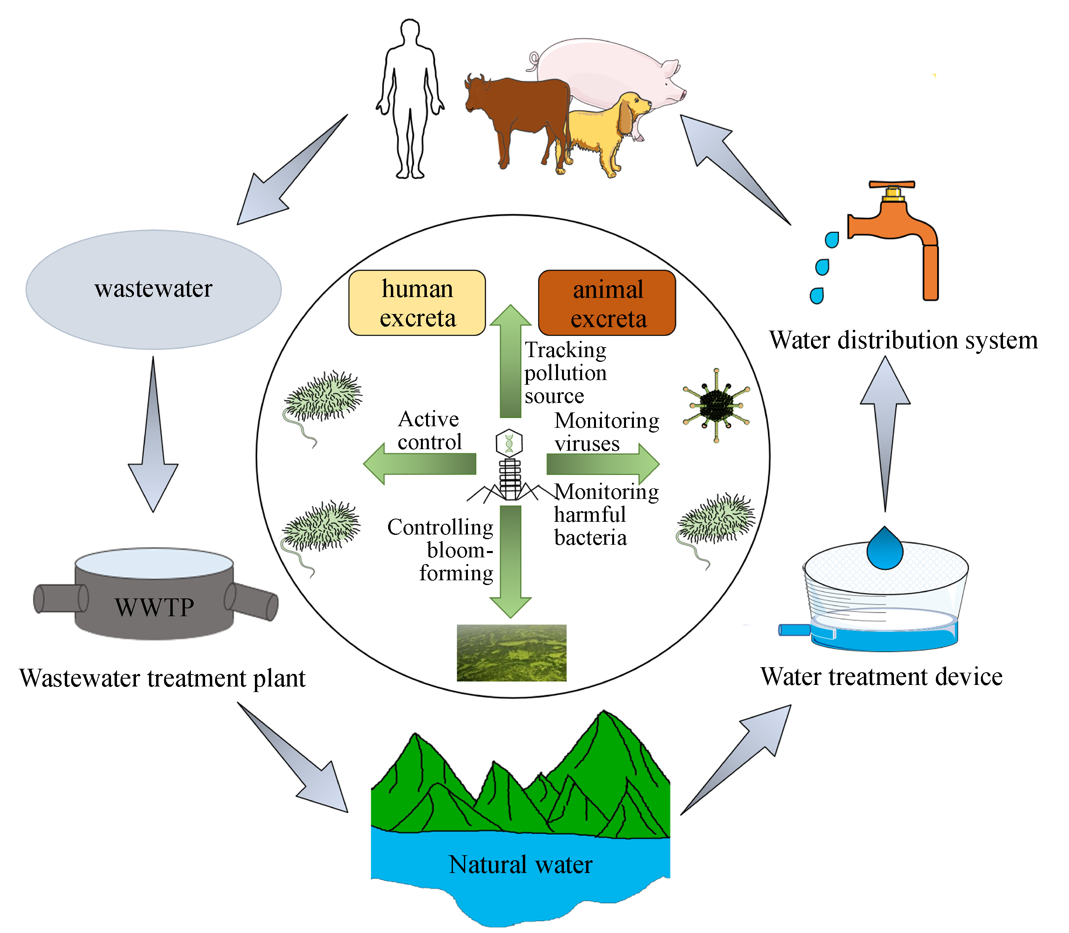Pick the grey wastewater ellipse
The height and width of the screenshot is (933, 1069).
(x=154, y=290)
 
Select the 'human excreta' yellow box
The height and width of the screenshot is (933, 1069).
(x=417, y=303)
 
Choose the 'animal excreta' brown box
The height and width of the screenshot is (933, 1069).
(x=607, y=303)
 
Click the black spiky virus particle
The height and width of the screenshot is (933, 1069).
(x=716, y=405)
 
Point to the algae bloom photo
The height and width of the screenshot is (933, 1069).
(x=511, y=653)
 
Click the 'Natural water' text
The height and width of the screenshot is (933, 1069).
(x=520, y=865)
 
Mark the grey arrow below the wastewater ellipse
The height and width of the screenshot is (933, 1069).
(x=153, y=442)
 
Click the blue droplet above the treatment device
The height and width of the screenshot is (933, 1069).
(x=884, y=549)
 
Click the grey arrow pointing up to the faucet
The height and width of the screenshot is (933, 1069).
(x=885, y=427)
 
